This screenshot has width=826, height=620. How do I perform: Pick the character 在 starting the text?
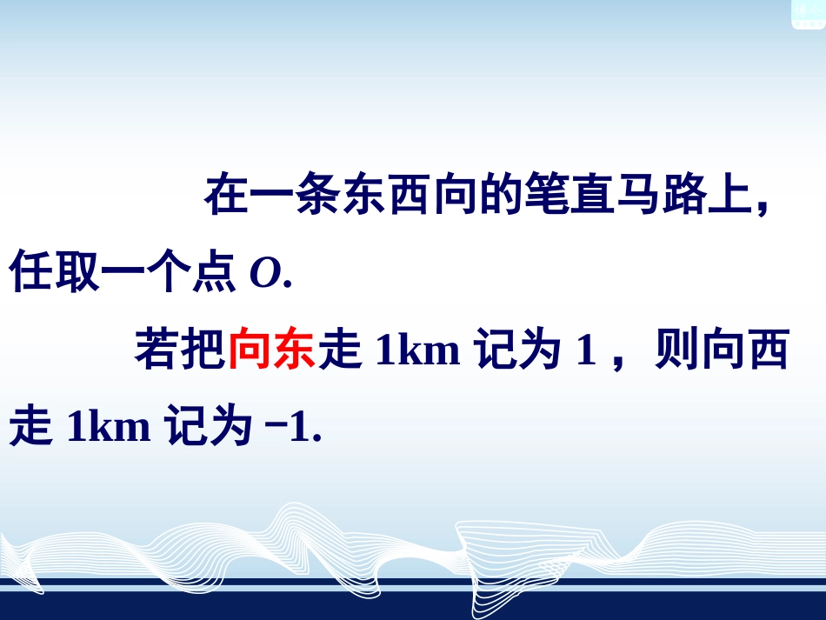point(224,198)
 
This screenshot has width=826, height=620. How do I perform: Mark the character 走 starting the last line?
point(30,429)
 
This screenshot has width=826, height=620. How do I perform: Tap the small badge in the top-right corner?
point(808,13)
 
